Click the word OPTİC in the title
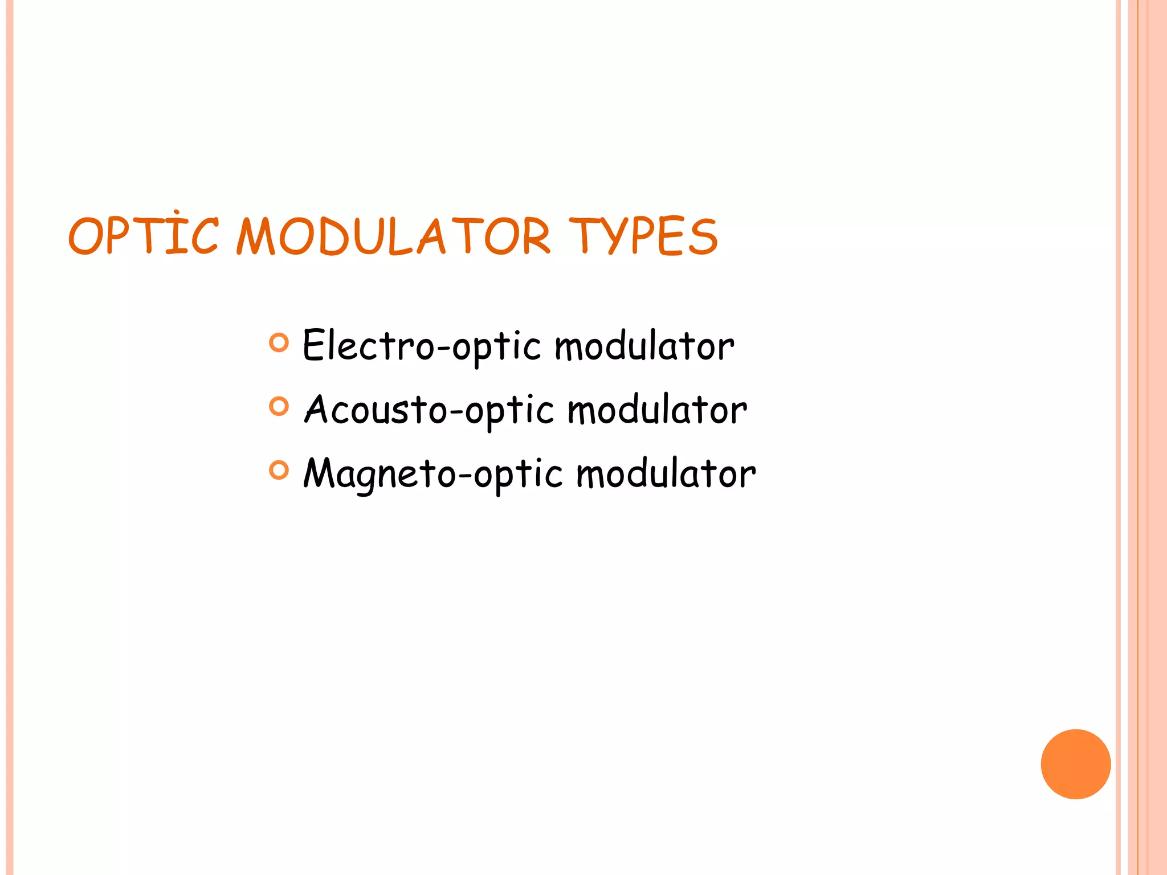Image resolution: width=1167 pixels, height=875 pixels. click(143, 235)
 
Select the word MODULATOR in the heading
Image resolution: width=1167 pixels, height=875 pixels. click(393, 235)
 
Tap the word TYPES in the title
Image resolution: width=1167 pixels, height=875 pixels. click(643, 235)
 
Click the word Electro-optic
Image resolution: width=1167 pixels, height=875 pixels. click(422, 346)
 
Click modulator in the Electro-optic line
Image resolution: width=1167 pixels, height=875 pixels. click(644, 346)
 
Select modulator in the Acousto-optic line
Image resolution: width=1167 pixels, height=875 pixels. click(657, 410)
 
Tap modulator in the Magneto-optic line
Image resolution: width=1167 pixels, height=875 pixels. click(666, 473)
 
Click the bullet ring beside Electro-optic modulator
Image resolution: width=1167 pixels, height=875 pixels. click(279, 342)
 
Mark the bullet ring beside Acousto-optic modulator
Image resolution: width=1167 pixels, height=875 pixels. click(279, 406)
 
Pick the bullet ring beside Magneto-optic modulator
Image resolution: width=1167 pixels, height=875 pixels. click(279, 470)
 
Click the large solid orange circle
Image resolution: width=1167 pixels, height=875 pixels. click(1075, 764)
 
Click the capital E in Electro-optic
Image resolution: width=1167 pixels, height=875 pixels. click(314, 345)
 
